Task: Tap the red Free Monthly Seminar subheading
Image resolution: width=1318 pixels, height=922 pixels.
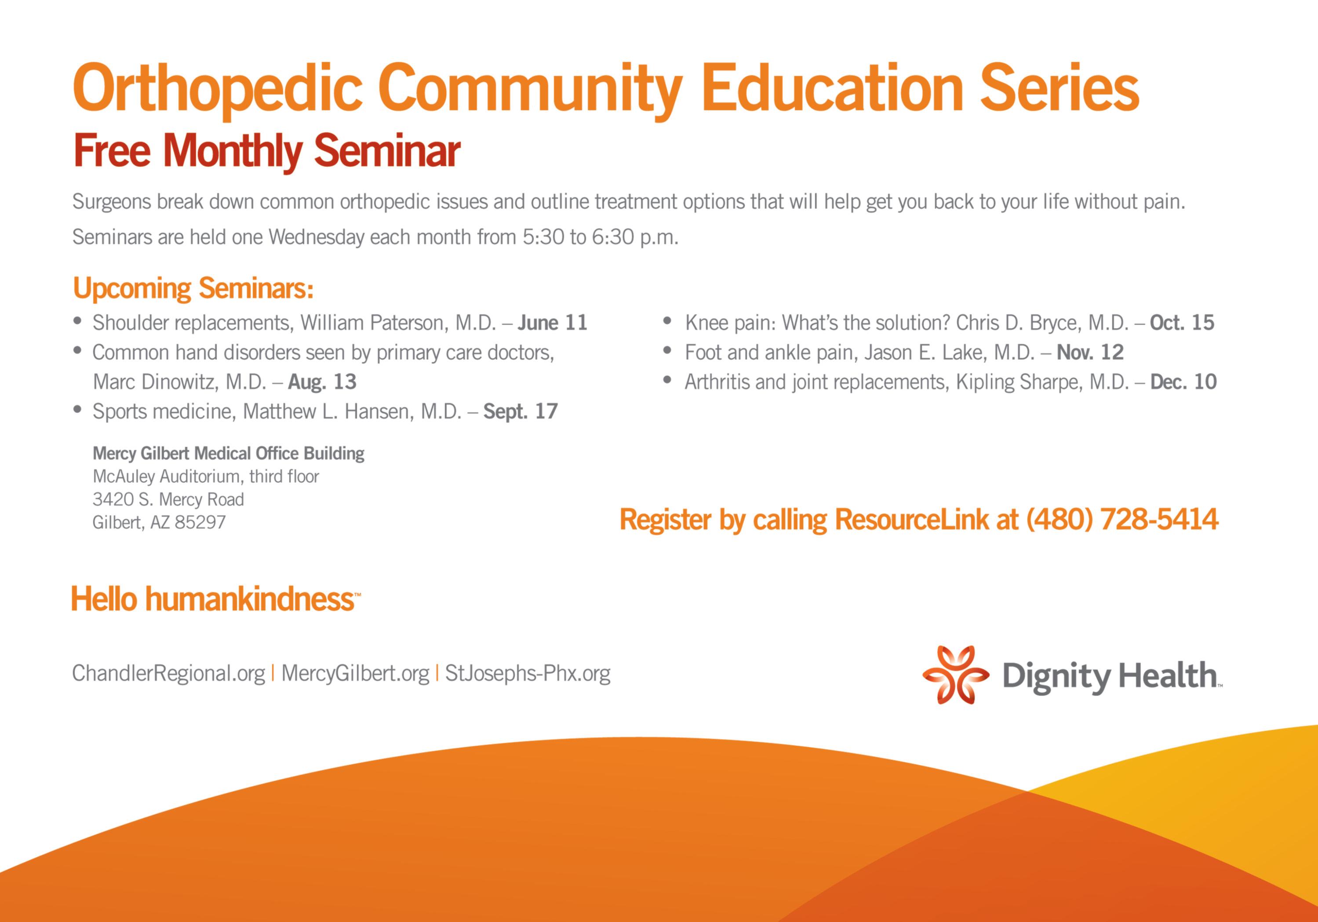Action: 267,151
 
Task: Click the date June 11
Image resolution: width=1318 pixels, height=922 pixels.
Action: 552,323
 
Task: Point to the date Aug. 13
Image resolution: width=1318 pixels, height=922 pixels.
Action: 322,381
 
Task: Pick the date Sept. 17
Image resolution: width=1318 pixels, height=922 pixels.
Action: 521,411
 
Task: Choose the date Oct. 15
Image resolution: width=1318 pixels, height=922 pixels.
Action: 1182,323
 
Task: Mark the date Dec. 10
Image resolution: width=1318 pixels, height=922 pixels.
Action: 1183,381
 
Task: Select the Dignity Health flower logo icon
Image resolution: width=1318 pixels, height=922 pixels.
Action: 956,675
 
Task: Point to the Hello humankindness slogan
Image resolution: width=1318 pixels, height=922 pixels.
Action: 216,599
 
